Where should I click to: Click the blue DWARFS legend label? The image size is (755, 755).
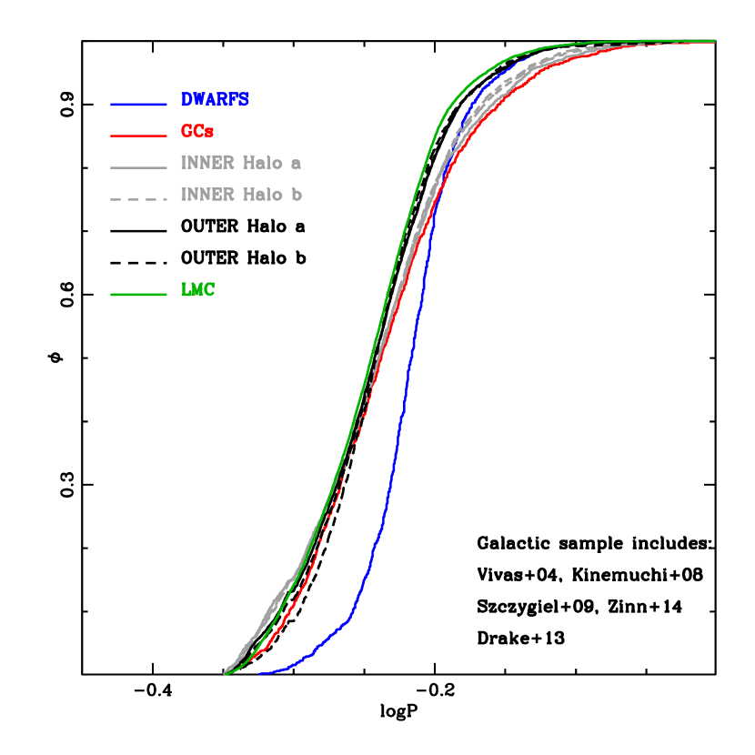215,100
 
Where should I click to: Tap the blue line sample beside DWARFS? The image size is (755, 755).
138,105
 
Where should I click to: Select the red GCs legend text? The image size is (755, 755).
197,132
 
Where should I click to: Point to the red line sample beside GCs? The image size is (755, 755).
138,136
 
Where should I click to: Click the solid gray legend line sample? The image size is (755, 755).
138,168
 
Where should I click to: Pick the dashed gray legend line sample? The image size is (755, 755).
138,199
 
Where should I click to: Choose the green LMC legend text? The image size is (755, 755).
197,290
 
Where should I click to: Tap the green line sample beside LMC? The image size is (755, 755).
138,295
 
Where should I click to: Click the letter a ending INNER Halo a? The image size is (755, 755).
297,165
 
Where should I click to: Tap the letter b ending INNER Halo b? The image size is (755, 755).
297,195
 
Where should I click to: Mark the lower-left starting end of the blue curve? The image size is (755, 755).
260,674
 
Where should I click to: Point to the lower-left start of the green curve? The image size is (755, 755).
225,674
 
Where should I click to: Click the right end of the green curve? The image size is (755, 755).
714,41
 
